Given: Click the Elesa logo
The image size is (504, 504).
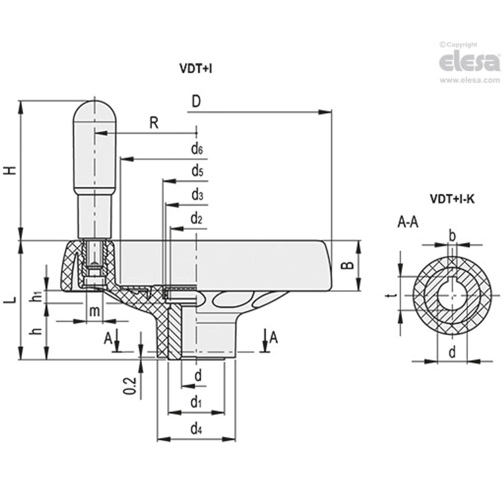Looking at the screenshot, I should point(469,62).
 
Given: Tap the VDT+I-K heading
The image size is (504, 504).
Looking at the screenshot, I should point(452,199).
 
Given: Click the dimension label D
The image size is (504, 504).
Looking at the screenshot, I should point(196,102).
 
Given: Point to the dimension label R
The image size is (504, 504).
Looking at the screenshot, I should point(154,123).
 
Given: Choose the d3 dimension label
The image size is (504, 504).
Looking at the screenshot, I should point(197,195).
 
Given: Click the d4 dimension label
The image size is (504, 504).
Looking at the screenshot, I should point(196,429).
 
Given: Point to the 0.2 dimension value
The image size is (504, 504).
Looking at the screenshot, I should point(130,386).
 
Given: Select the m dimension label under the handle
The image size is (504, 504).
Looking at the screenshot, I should point(95,311).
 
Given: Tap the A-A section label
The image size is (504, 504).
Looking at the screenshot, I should point(408,223).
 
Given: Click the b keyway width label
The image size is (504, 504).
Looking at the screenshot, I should point(453,236).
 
